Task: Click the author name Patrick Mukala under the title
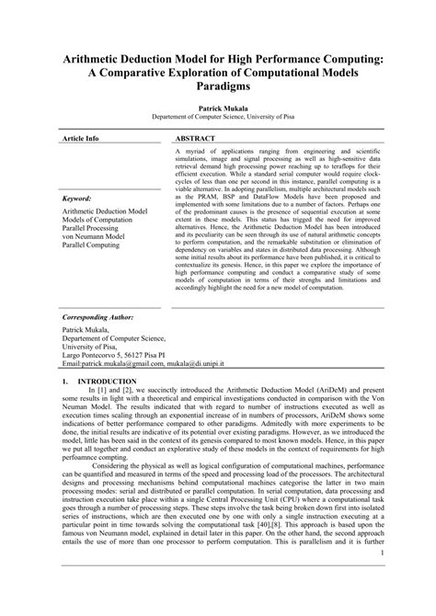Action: click(x=217, y=108)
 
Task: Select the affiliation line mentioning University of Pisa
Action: click(x=217, y=117)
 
